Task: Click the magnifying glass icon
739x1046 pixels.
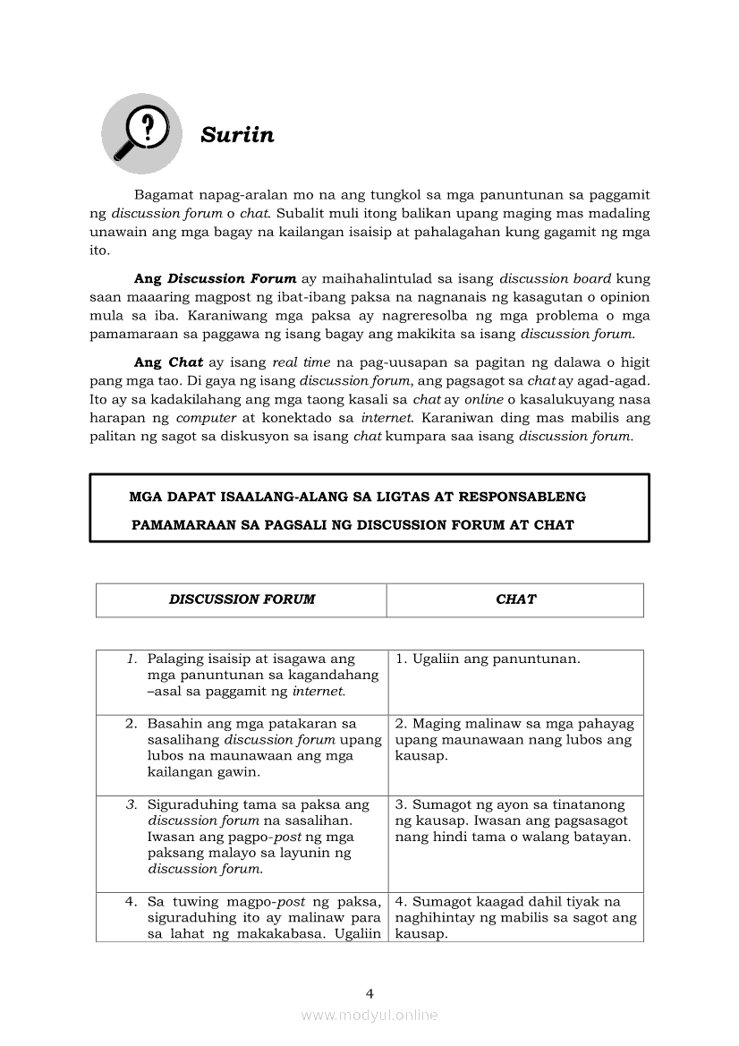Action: tap(140, 133)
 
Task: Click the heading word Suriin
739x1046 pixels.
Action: tap(237, 135)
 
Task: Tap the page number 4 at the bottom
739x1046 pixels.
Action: tap(369, 992)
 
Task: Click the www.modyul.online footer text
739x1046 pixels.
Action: tap(369, 1015)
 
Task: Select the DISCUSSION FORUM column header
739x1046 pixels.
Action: tap(242, 600)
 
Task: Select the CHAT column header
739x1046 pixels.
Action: tap(515, 600)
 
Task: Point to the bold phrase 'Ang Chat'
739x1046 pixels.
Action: tap(168, 362)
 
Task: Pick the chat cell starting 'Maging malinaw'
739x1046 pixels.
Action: tap(514, 739)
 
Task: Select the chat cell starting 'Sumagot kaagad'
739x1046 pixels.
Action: tap(515, 917)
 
